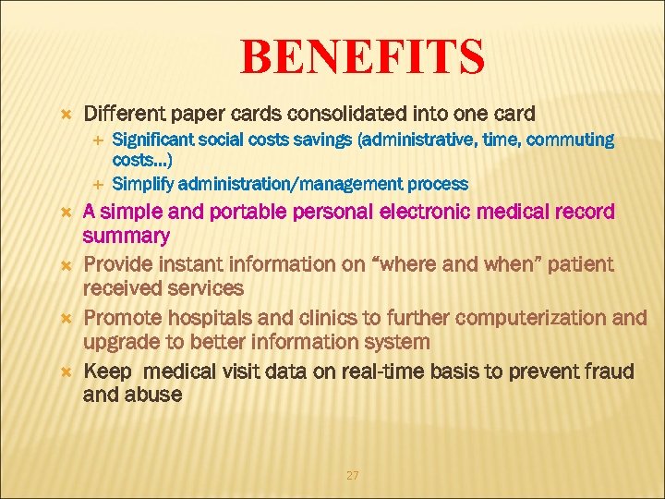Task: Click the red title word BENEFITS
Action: pyautogui.click(x=362, y=56)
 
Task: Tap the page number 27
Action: pyautogui.click(x=352, y=475)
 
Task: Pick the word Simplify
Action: pyautogui.click(x=141, y=183)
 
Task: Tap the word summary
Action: pyautogui.click(x=127, y=236)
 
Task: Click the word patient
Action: pyautogui.click(x=580, y=264)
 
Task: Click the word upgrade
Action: pyautogui.click(x=122, y=342)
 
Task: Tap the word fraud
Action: pyautogui.click(x=608, y=371)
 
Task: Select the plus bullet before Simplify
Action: pyautogui.click(x=101, y=183)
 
